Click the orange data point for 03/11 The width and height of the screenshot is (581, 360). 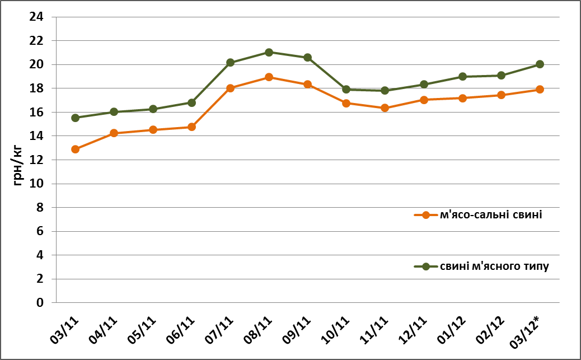click(75, 149)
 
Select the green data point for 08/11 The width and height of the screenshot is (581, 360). click(269, 52)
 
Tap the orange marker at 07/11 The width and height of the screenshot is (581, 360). click(230, 88)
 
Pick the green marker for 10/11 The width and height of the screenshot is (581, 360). click(346, 90)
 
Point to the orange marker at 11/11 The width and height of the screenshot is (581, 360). click(385, 107)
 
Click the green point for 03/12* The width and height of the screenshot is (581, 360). click(540, 64)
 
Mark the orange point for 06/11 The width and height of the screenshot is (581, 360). click(191, 127)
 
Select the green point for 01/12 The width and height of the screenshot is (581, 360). click(462, 77)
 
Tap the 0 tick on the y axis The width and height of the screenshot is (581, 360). click(40, 302)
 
